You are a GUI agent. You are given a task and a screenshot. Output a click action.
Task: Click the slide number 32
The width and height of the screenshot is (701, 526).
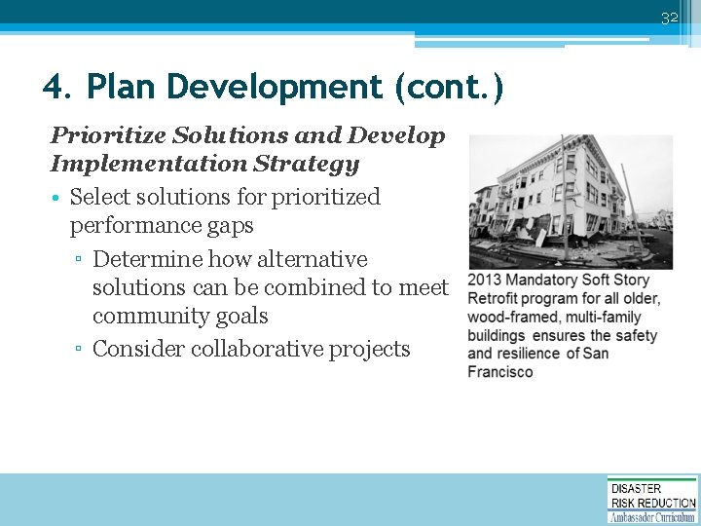[669, 18]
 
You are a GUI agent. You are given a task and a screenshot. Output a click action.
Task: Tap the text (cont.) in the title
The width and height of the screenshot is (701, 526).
[449, 88]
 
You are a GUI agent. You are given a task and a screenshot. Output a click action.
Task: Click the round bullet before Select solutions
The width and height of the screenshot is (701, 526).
[57, 198]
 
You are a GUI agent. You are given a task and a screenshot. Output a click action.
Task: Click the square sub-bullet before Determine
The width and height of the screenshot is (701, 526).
[81, 261]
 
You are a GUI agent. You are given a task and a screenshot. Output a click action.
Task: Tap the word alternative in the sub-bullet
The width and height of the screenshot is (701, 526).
[313, 260]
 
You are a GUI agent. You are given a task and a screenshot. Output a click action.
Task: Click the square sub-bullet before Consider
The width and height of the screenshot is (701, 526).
[81, 351]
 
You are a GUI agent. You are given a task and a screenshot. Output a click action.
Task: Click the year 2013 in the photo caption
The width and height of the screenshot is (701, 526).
[485, 281]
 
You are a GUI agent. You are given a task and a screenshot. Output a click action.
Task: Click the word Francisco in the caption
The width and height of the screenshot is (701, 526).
[500, 372]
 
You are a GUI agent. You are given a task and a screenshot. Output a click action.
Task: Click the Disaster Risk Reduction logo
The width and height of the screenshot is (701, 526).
[652, 500]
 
